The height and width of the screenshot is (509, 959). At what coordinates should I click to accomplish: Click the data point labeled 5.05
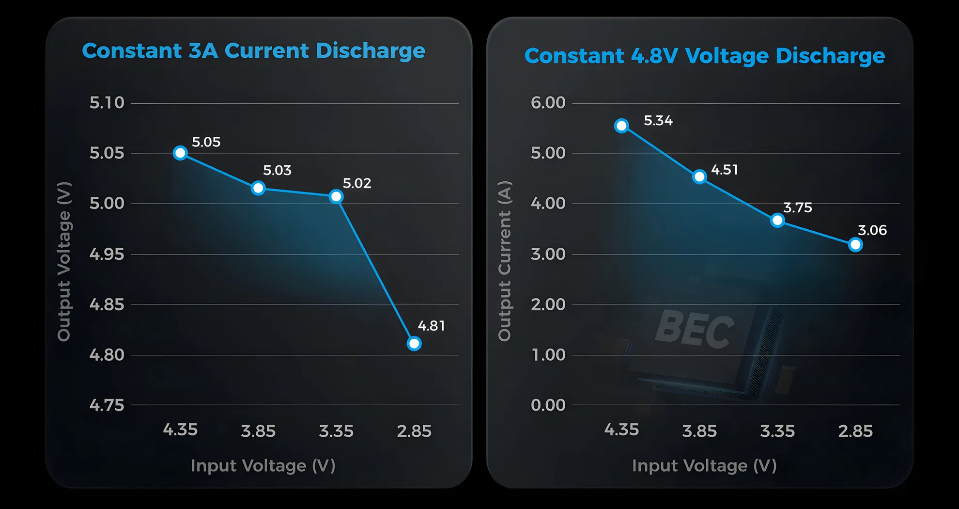point(180,153)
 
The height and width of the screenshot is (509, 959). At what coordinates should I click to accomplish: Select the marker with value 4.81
point(414,344)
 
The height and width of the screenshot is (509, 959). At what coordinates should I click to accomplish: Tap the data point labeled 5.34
point(621,126)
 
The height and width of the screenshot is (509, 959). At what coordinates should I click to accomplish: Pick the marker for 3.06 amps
point(855,245)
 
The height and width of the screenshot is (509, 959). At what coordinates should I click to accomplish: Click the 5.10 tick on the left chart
point(107,103)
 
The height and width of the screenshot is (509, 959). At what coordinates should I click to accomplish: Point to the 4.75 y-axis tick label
point(107,405)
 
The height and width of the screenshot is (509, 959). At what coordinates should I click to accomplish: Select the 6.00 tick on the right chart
point(548,103)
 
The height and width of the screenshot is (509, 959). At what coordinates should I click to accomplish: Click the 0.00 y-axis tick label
point(548,405)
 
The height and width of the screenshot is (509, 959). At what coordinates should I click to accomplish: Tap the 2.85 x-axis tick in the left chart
point(414,431)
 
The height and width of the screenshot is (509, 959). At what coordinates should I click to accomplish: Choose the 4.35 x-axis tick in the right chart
point(621,430)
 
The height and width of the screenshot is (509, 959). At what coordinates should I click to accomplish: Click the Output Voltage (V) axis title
point(64,262)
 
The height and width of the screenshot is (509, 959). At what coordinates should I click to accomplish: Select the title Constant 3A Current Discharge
point(253,51)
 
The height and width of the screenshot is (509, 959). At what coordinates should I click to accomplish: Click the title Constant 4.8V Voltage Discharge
point(705,56)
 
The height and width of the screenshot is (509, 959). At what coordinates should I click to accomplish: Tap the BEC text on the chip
point(695,330)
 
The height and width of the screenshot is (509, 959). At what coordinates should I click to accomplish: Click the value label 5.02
point(357,183)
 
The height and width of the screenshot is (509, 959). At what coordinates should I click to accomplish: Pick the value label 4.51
point(725,170)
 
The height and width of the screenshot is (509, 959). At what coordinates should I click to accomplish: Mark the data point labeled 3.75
point(777,221)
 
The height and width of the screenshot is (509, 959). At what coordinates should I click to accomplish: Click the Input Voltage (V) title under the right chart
point(704,466)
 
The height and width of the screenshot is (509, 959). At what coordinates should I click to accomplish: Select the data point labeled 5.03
point(258,188)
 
